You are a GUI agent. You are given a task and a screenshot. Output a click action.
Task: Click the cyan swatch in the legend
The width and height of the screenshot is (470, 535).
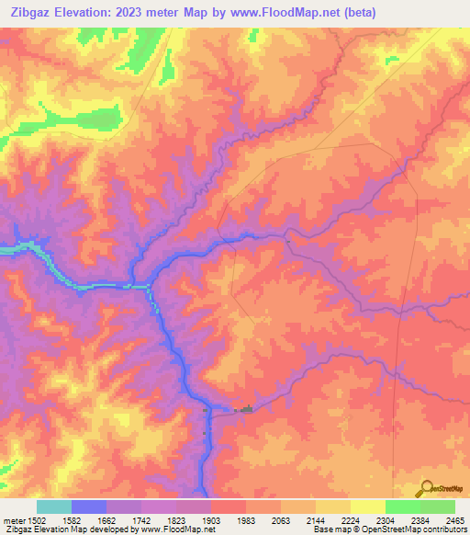[x=54, y=507]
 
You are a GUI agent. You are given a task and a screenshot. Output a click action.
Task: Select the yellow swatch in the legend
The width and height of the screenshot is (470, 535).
[x=368, y=507]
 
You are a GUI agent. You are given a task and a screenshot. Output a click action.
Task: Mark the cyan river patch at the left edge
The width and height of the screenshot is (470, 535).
[x=9, y=248]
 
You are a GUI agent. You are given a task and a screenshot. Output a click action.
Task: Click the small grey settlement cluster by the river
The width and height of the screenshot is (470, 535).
[x=244, y=410]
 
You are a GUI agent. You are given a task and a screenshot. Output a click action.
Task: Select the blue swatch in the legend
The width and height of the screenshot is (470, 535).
[x=89, y=507]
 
